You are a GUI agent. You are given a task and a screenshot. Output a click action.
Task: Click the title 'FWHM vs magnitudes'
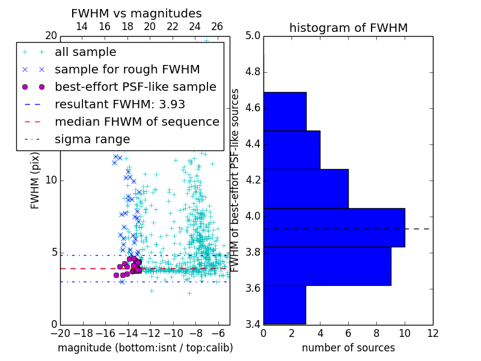136,13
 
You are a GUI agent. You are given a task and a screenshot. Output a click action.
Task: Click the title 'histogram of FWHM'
348,28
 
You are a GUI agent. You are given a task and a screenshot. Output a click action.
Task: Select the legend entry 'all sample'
85,52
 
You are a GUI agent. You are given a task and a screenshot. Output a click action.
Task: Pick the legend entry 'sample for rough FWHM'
127,70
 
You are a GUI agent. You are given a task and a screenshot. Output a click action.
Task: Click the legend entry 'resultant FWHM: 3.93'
120,105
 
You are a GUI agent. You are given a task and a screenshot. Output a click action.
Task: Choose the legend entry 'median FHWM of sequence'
136,122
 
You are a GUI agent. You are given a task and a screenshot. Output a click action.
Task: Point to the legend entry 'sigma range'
92,140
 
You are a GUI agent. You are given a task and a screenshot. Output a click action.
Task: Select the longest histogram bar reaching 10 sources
334,227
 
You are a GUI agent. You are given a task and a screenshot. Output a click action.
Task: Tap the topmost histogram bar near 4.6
284,111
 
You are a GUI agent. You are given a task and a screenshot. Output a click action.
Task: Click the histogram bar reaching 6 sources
305,188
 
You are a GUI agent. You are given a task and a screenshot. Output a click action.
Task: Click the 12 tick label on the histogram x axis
432,333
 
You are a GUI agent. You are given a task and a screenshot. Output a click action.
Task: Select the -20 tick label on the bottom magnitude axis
60,333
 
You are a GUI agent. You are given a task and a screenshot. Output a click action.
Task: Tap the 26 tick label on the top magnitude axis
217,26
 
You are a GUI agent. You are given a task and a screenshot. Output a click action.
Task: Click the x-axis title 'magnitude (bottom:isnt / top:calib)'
145,348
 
